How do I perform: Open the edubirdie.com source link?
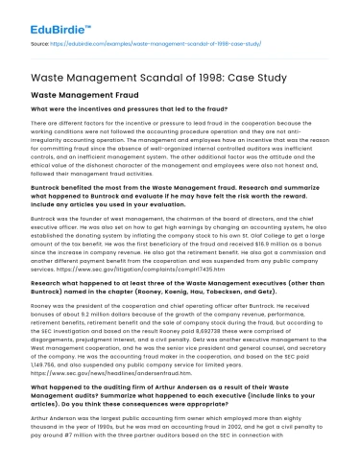(x=164, y=44)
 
